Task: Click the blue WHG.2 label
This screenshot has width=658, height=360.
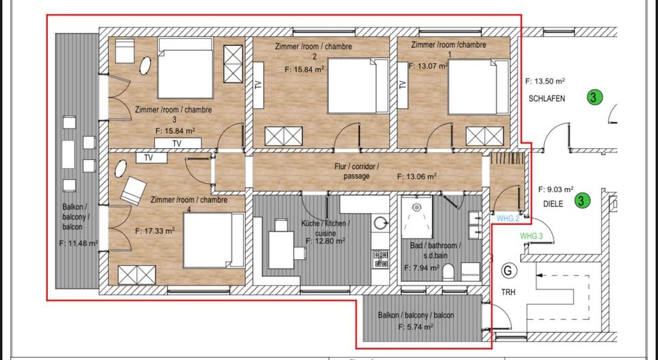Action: click(x=508, y=219)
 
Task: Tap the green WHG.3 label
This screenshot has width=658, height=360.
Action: click(x=531, y=236)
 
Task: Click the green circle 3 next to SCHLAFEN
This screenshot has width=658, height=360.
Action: click(x=594, y=97)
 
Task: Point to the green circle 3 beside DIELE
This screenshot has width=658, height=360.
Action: click(x=581, y=201)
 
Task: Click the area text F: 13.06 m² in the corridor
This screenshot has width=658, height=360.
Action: click(x=417, y=176)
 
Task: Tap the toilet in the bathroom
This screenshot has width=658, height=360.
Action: click(x=450, y=274)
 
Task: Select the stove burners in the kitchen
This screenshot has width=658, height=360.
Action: click(x=381, y=259)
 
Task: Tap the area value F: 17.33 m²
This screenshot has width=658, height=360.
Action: click(x=155, y=231)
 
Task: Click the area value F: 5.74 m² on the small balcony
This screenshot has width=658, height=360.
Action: click(x=415, y=328)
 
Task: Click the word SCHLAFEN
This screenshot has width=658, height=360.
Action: click(x=547, y=99)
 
